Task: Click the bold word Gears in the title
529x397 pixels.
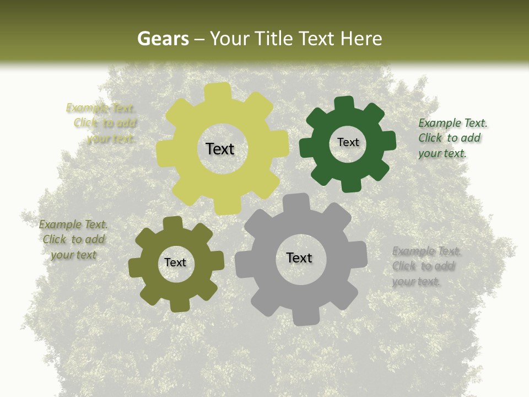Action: click(163, 39)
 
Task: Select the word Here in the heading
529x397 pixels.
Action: click(361, 39)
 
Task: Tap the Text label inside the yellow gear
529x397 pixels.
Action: click(220, 149)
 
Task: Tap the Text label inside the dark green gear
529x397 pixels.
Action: click(348, 142)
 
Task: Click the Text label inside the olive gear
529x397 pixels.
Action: click(175, 262)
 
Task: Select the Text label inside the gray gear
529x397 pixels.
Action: click(299, 257)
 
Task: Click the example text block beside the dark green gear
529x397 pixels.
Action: click(452, 138)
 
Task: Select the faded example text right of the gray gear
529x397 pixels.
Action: click(426, 266)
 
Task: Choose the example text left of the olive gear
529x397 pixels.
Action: click(73, 240)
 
